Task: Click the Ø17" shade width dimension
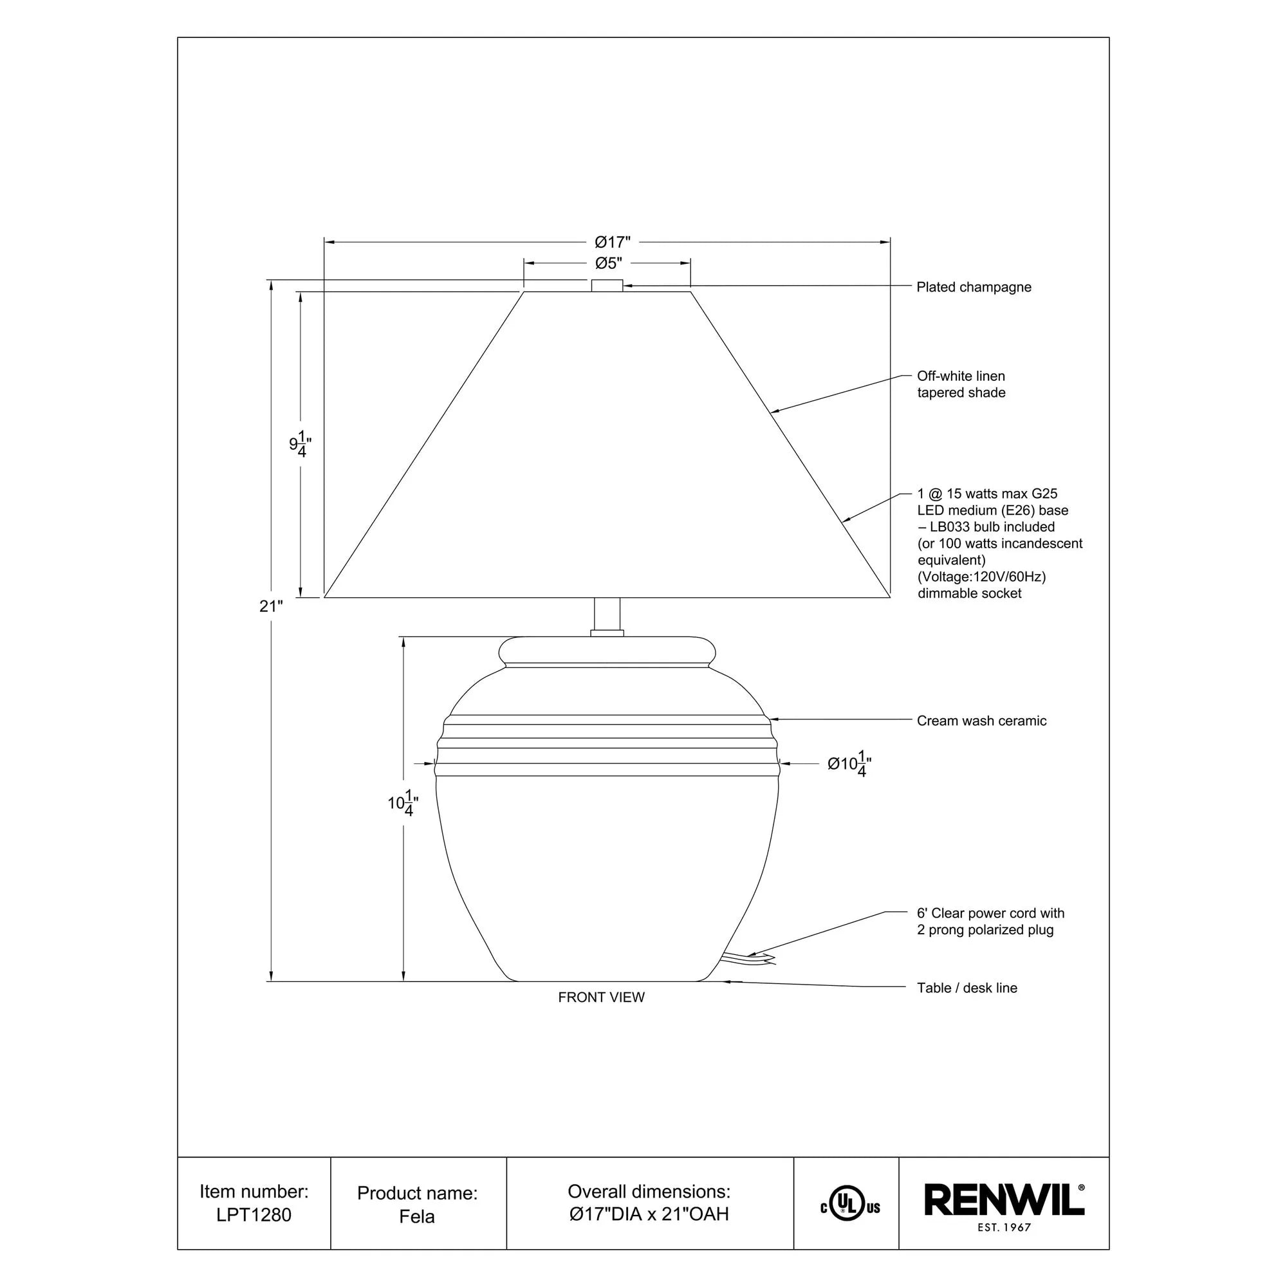612,241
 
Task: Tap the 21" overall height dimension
271,606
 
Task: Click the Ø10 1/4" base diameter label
849,763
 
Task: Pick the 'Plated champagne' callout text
973,287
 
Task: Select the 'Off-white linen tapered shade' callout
961,384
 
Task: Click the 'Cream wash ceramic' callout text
981,721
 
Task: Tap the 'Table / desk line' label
967,988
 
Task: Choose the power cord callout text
990,921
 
